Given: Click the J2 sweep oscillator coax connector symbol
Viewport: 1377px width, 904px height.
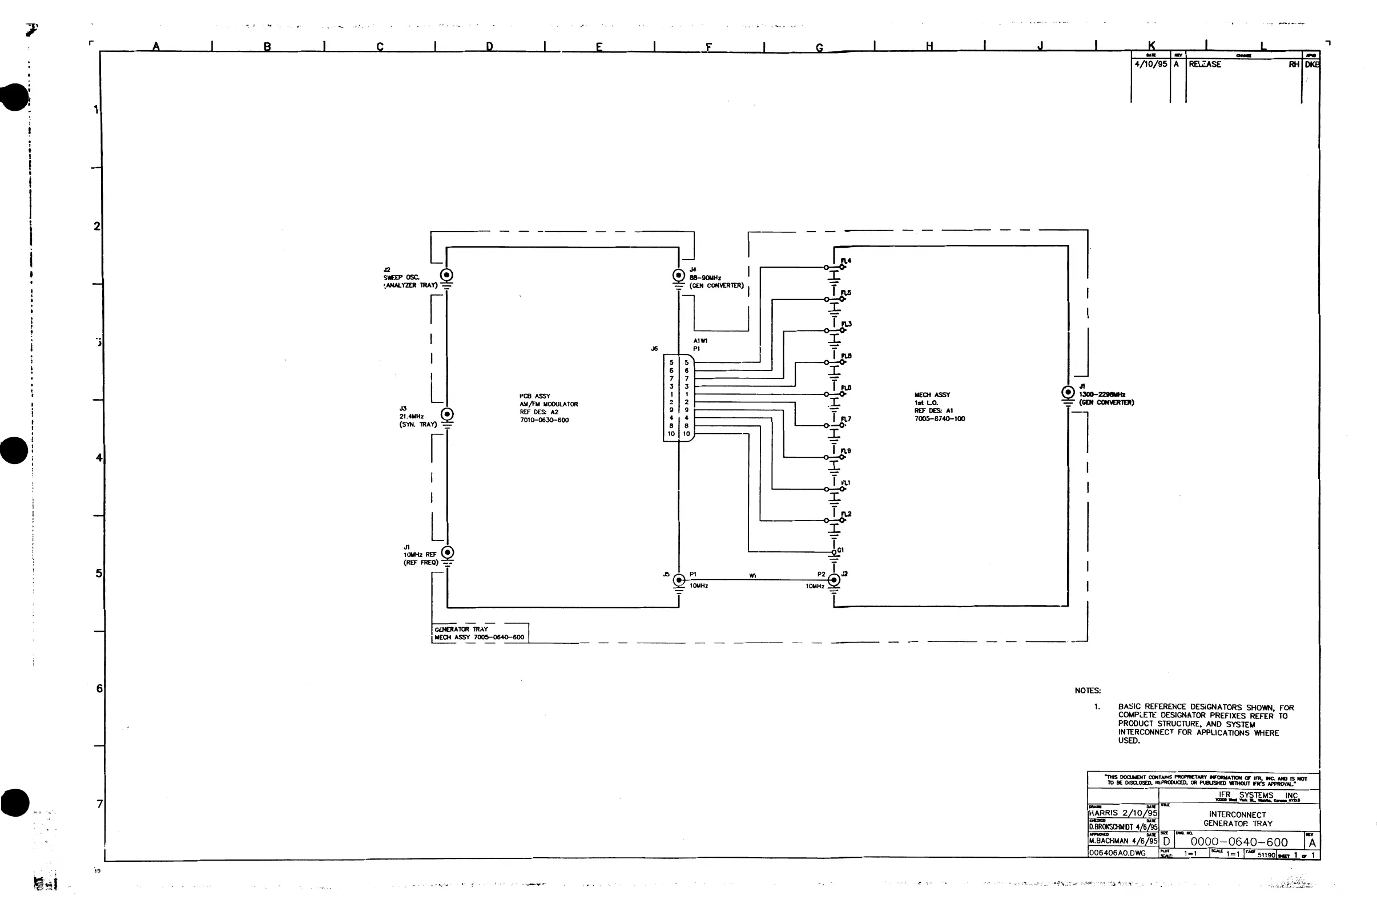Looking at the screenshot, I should point(446,275).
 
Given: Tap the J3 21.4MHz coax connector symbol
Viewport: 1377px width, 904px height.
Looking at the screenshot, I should point(447,414).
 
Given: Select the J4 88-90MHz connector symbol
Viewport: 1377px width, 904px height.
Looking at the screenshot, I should point(679,275).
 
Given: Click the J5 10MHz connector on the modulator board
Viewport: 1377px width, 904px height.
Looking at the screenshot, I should point(679,579).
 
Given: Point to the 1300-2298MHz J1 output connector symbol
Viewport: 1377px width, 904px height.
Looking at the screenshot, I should point(1068,392).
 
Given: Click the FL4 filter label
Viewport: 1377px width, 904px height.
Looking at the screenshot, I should point(846,261).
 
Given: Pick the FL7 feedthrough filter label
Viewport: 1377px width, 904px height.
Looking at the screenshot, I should point(846,419).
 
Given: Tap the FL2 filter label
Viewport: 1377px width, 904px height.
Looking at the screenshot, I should point(846,514).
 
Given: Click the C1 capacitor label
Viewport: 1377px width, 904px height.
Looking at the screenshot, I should point(841,550).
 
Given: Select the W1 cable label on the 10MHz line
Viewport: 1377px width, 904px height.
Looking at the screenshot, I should point(752,575).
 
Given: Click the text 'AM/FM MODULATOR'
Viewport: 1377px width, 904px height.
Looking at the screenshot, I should point(549,404).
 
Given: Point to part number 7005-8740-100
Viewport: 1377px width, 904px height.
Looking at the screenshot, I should point(940,419).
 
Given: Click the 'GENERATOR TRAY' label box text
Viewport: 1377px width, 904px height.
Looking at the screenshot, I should point(461,629).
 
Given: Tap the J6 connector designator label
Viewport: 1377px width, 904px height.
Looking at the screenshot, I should point(654,349).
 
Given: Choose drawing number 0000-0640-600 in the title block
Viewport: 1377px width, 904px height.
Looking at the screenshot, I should point(1239,842).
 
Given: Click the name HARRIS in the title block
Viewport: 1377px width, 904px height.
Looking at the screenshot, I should point(1104,813).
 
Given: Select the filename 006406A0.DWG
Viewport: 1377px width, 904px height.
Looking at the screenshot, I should point(1117,853).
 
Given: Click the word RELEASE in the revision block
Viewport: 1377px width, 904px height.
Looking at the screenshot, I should point(1205,64).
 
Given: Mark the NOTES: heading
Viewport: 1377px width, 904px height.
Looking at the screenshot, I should point(1088,691).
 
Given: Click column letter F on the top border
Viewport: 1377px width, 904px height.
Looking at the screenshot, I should point(708,47).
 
